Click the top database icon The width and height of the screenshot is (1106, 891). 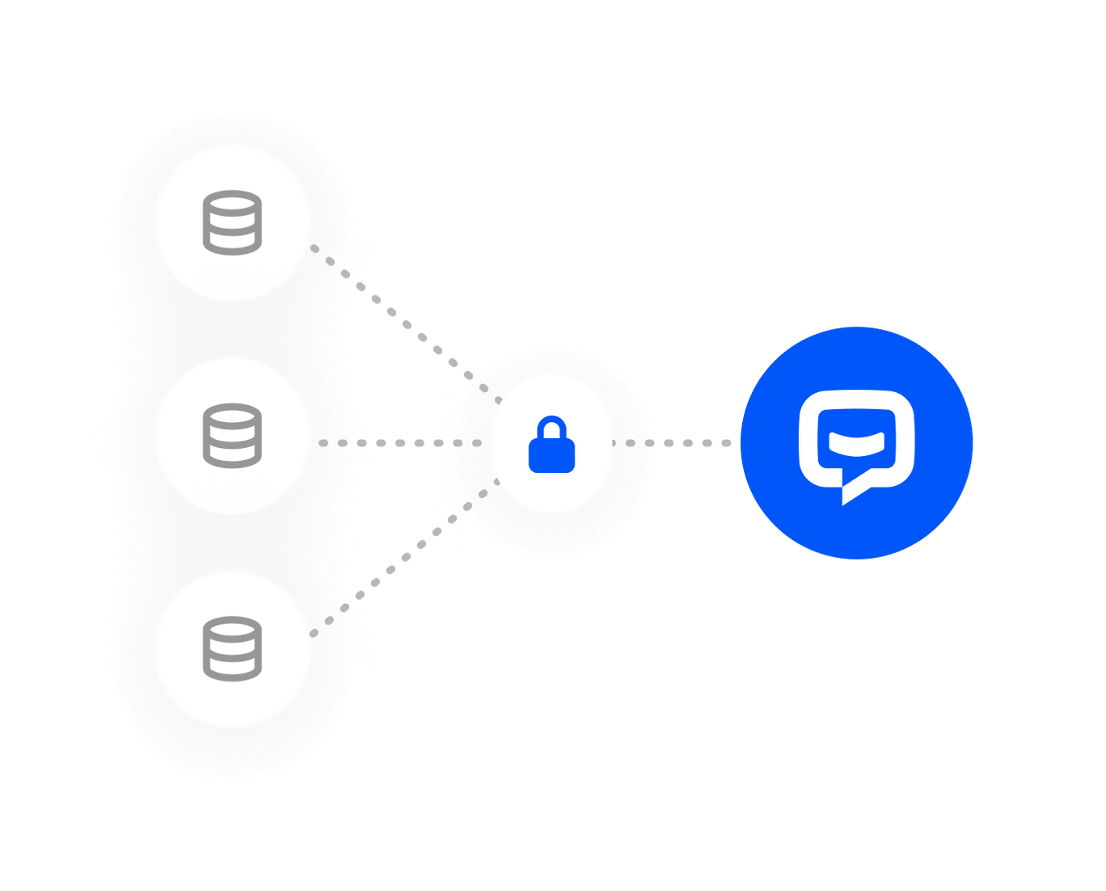(x=232, y=222)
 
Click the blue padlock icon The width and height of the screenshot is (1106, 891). (x=551, y=444)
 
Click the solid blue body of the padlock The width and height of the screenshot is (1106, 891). (x=551, y=456)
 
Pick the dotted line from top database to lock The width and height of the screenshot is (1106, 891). (x=404, y=319)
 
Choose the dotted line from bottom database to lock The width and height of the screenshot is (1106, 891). (x=404, y=558)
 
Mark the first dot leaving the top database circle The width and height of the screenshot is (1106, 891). (x=315, y=248)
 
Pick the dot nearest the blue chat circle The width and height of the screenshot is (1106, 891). (x=726, y=443)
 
